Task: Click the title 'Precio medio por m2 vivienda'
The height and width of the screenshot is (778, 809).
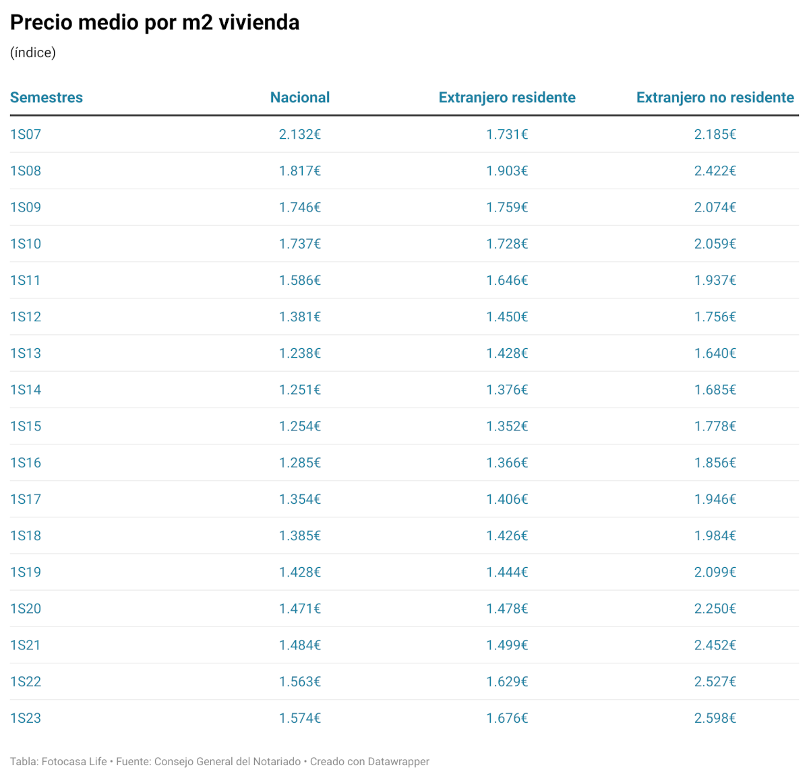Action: pyautogui.click(x=154, y=22)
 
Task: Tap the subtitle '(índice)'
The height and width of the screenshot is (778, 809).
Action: pyautogui.click(x=32, y=53)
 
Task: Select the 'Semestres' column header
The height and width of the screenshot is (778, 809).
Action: pyautogui.click(x=47, y=98)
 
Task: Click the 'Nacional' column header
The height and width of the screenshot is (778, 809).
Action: pyautogui.click(x=300, y=98)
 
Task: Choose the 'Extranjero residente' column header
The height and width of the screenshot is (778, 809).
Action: pyautogui.click(x=507, y=98)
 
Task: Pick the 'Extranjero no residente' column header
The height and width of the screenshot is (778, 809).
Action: pyautogui.click(x=715, y=98)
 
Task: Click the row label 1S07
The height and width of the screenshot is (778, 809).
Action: pyautogui.click(x=26, y=135)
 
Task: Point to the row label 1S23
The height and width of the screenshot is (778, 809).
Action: pyautogui.click(x=26, y=718)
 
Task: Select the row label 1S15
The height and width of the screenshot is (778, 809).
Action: pyautogui.click(x=26, y=426)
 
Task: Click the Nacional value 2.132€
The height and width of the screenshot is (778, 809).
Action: pyautogui.click(x=300, y=135)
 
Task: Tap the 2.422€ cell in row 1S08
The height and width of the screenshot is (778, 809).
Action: pyautogui.click(x=715, y=171)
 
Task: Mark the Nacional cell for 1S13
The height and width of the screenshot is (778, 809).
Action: pyautogui.click(x=300, y=354)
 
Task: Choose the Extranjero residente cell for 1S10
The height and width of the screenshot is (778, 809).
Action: pyautogui.click(x=507, y=244)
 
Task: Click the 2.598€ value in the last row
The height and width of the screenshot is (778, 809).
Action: pyautogui.click(x=715, y=718)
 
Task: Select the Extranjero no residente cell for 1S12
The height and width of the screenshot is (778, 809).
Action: pyautogui.click(x=715, y=317)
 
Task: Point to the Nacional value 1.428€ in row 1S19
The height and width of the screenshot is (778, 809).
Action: pyautogui.click(x=300, y=573)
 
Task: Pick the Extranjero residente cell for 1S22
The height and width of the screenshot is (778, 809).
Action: pyautogui.click(x=507, y=682)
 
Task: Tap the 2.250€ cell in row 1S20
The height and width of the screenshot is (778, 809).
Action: pyautogui.click(x=715, y=609)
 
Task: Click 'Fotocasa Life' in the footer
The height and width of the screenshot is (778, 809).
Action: pyautogui.click(x=74, y=762)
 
